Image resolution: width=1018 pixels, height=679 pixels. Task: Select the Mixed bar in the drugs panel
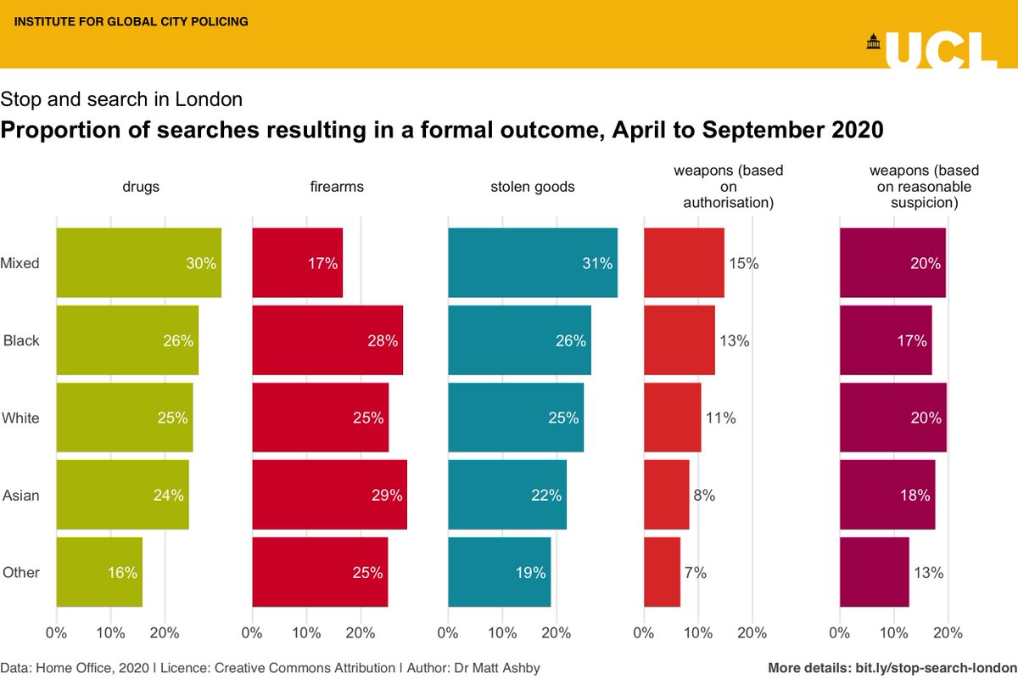pos(138,263)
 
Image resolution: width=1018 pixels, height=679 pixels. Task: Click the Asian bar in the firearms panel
pos(329,495)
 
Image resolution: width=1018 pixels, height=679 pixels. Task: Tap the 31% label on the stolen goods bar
pos(596,263)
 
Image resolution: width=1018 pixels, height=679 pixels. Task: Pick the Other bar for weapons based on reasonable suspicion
pos(874,572)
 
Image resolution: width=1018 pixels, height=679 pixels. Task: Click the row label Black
pos(21,340)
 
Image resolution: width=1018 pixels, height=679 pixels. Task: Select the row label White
pos(21,418)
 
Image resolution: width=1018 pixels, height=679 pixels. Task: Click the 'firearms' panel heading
pos(337,187)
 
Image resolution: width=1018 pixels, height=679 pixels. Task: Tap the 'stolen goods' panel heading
pos(533,187)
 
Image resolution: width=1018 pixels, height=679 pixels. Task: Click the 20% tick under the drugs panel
pos(164,632)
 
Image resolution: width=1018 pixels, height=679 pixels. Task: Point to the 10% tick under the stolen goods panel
pos(502,632)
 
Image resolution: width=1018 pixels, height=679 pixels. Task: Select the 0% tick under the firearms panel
pos(253,632)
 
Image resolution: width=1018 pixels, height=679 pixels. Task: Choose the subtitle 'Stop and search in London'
pos(122,99)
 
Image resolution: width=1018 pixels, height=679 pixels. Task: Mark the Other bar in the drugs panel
pos(99,572)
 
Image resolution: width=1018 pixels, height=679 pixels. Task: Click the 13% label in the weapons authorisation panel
pos(734,340)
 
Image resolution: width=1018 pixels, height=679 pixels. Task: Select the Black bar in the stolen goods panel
pos(519,340)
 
